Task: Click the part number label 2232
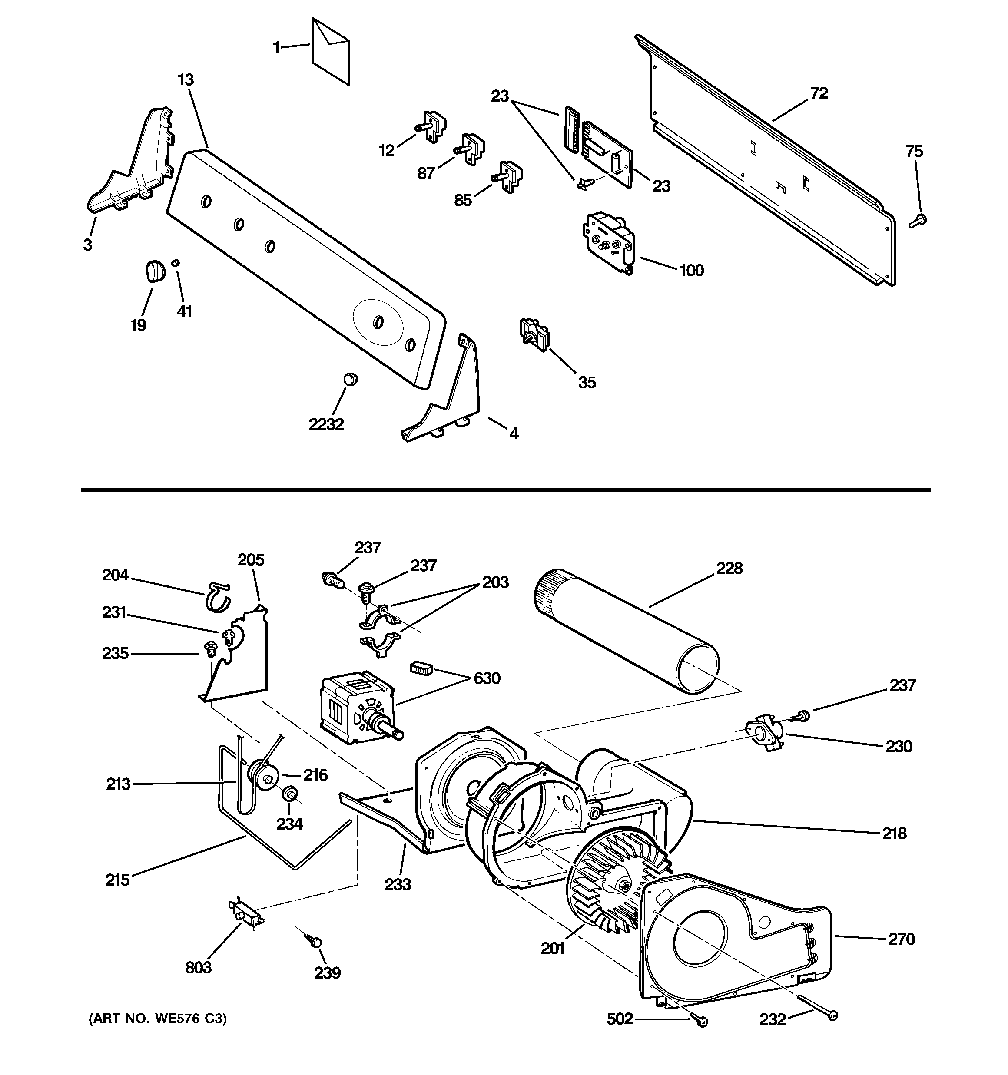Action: pos(326,424)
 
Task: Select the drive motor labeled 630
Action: pos(357,708)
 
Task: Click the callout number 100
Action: pos(691,270)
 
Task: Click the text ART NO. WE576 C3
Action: pos(157,1019)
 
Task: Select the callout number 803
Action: pos(198,967)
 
